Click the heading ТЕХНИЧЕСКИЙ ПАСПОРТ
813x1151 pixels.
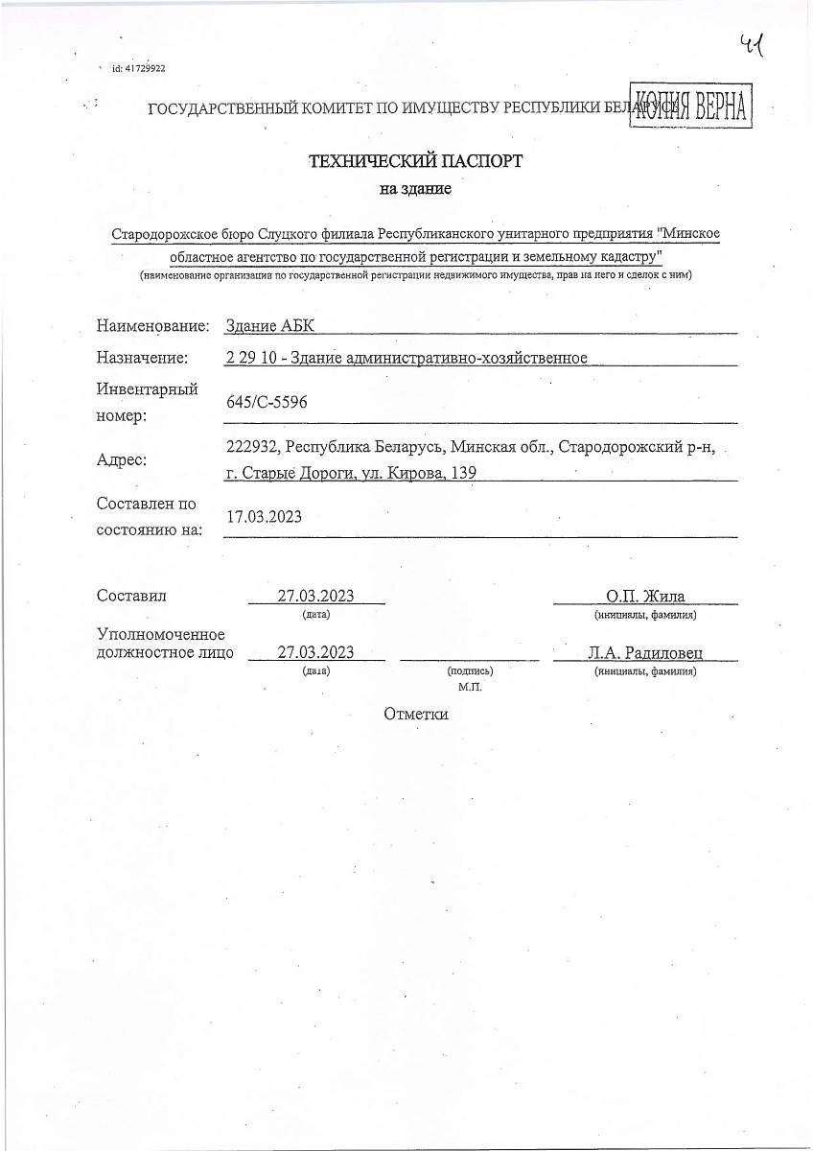[x=415, y=161]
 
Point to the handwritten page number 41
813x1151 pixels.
[x=755, y=45]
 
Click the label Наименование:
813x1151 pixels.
[x=152, y=327]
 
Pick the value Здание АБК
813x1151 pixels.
[x=269, y=327]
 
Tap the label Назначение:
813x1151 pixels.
[x=142, y=358]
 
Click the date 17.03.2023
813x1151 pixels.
[x=264, y=517]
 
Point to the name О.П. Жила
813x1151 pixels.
[x=645, y=596]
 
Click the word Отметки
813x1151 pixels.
[x=416, y=714]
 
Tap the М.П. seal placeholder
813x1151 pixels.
[x=470, y=687]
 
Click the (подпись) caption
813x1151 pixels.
[x=470, y=671]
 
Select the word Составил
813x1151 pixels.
[x=132, y=596]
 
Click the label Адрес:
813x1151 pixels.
[x=122, y=459]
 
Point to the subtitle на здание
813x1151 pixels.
[x=415, y=189]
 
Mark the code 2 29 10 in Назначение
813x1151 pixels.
[x=252, y=358]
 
